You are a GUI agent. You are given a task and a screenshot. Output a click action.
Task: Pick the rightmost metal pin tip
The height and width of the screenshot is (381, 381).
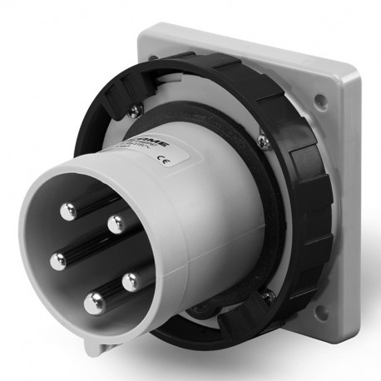130,282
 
